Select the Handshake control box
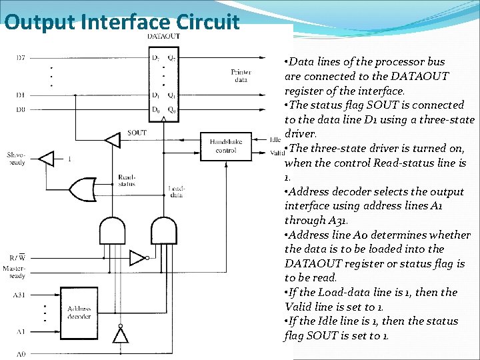point(226,146)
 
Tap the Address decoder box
point(79,312)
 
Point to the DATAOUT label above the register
point(163,35)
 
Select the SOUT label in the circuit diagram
point(137,133)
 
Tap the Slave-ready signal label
point(15,158)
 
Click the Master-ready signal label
point(14,271)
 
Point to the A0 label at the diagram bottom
point(20,353)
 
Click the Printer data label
point(241,75)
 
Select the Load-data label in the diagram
point(177,191)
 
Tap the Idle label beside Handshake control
point(275,140)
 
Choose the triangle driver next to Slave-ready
point(47,159)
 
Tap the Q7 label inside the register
point(172,58)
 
